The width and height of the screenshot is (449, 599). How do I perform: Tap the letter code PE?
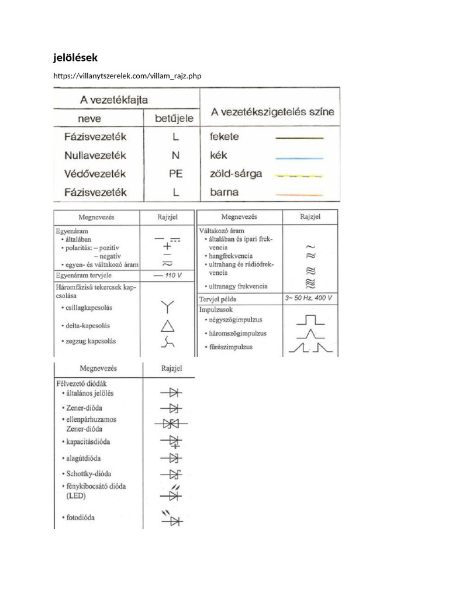175,174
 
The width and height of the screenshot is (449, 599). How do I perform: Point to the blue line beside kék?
299,157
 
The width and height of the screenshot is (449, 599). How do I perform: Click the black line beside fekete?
299,138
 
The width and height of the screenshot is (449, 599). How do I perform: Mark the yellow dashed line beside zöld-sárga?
299,175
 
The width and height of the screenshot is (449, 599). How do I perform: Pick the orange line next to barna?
299,194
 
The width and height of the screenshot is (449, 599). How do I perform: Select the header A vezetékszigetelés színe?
272,112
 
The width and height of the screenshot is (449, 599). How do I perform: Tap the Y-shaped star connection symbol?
167,306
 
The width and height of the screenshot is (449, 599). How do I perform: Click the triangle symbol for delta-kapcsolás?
167,326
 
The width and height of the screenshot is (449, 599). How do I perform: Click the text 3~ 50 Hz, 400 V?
309,298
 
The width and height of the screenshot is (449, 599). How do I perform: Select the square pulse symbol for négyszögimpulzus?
309,320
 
